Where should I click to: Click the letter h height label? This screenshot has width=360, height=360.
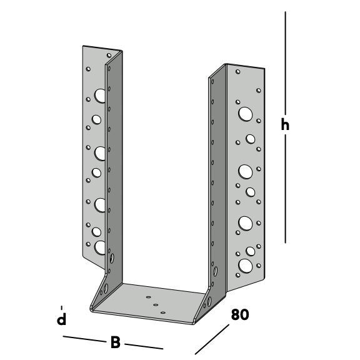[285, 124]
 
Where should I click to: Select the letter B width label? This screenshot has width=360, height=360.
[115, 342]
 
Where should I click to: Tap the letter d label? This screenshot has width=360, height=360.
[61, 319]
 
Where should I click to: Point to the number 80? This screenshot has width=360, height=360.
[240, 314]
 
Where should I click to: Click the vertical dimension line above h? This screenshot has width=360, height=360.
[286, 62]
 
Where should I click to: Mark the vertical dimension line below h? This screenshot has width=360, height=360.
[286, 189]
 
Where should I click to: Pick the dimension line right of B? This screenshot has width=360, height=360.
[144, 346]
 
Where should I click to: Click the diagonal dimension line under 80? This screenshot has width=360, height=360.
[212, 339]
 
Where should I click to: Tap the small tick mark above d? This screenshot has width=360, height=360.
[61, 307]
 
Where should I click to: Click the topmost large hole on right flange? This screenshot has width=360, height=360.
[245, 114]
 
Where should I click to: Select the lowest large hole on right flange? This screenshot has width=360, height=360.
[246, 266]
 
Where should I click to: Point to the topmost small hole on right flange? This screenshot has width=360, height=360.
[238, 72]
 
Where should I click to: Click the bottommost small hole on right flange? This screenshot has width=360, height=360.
[238, 275]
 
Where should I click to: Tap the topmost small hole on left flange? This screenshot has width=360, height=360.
[109, 56]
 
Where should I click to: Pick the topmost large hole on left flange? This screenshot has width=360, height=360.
[100, 96]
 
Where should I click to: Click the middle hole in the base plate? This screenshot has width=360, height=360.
[156, 305]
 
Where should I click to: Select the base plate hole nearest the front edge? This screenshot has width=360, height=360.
[163, 312]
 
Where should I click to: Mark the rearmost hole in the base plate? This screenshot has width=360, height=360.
[149, 297]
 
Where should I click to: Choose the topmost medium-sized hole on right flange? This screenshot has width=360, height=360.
[250, 139]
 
